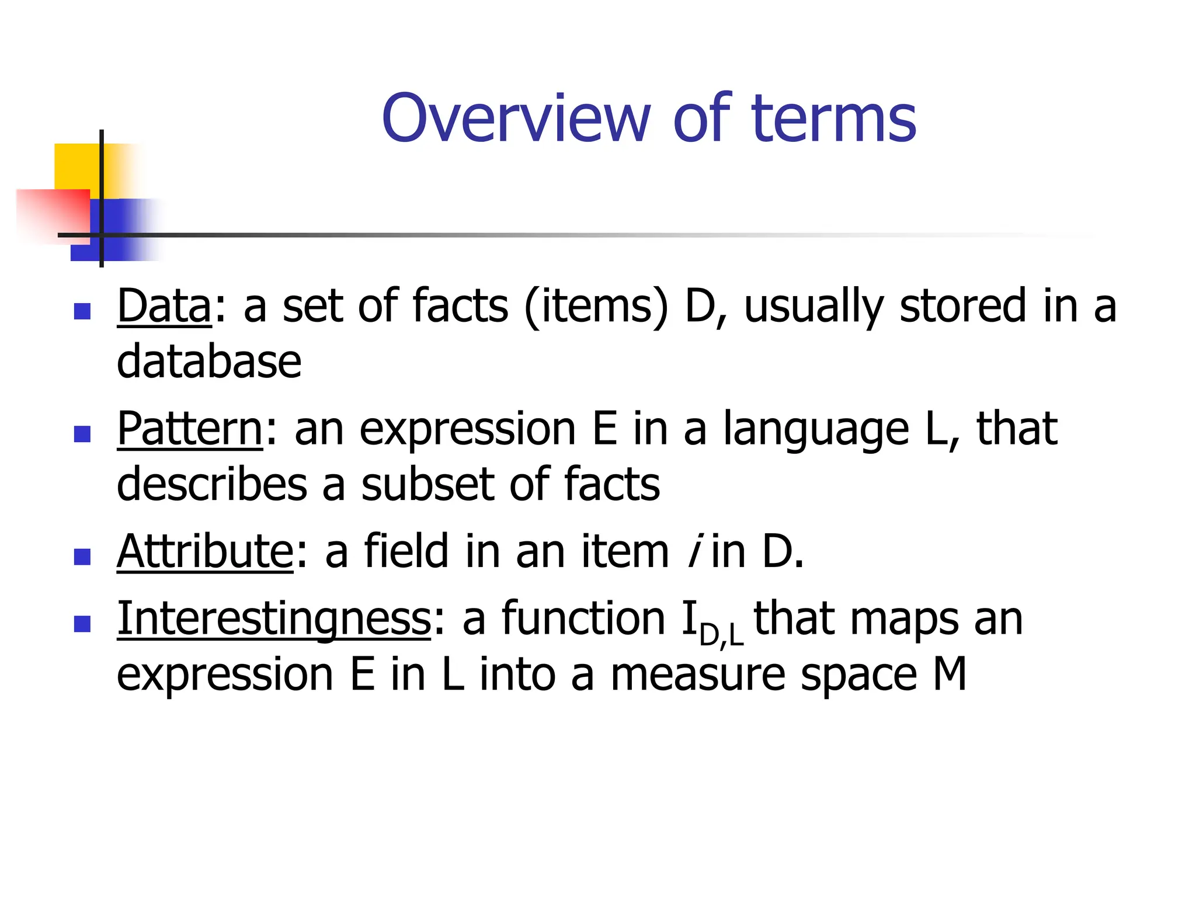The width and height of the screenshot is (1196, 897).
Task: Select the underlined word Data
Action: click(164, 306)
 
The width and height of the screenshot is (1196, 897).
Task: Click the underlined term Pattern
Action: click(190, 429)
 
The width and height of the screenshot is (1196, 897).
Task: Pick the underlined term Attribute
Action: click(205, 551)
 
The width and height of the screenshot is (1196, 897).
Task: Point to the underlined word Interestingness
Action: click(274, 619)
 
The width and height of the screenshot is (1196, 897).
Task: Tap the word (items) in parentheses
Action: click(596, 306)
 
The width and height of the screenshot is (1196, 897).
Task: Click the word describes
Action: click(212, 485)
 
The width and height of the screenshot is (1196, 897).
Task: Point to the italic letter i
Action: click(693, 551)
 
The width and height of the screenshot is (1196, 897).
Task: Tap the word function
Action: click(583, 619)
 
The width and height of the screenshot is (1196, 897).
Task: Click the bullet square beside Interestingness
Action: click(82, 624)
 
